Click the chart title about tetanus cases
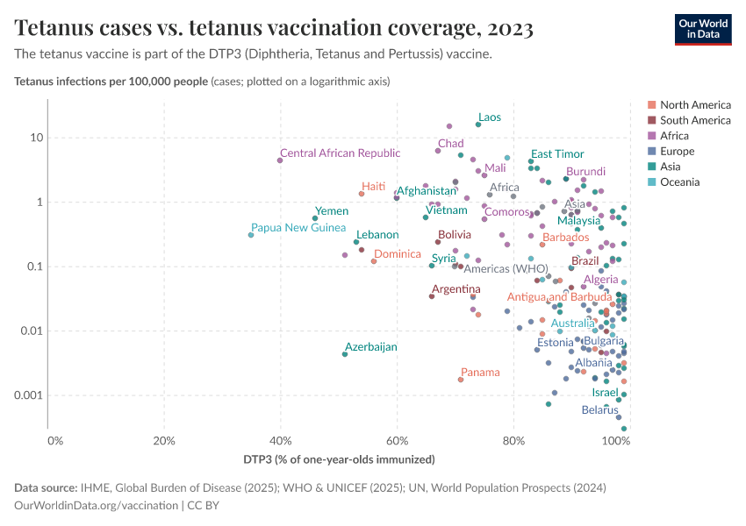coord(274,29)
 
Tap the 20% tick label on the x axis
coord(164,440)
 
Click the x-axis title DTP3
coord(339,459)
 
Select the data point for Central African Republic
coord(280,160)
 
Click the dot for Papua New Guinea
coord(251,235)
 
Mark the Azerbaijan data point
coord(345,354)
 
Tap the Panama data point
coord(461,380)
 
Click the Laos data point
coord(478,124)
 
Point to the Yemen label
coord(332,211)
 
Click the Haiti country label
coord(373,186)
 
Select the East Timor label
coord(556,153)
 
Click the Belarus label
coord(599,409)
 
